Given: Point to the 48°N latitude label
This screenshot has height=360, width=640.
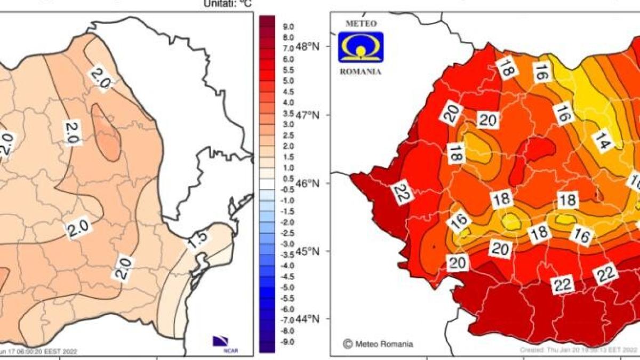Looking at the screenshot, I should click(x=309, y=47).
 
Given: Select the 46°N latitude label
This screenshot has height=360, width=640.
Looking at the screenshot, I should click(x=309, y=183).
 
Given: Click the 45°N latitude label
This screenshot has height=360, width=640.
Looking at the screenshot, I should click(x=309, y=251).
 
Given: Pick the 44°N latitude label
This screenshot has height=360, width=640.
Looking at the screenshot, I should click(x=309, y=319).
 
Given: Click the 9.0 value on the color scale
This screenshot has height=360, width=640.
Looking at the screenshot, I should click(x=289, y=26).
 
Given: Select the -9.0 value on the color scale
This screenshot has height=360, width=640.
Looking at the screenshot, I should click(x=287, y=341).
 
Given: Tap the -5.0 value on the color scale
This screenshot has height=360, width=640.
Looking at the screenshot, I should click(x=287, y=287).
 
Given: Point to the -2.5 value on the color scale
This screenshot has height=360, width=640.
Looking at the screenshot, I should click(x=287, y=233).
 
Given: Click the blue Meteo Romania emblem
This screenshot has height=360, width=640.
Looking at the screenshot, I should click(x=361, y=47).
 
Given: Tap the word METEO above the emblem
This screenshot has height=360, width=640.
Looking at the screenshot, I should click(x=361, y=24).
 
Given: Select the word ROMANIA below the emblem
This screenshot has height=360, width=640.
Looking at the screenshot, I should click(x=361, y=71).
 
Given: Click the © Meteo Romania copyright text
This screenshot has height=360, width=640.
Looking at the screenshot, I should click(x=378, y=344).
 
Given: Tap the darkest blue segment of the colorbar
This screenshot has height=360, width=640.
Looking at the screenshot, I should click(x=267, y=347).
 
